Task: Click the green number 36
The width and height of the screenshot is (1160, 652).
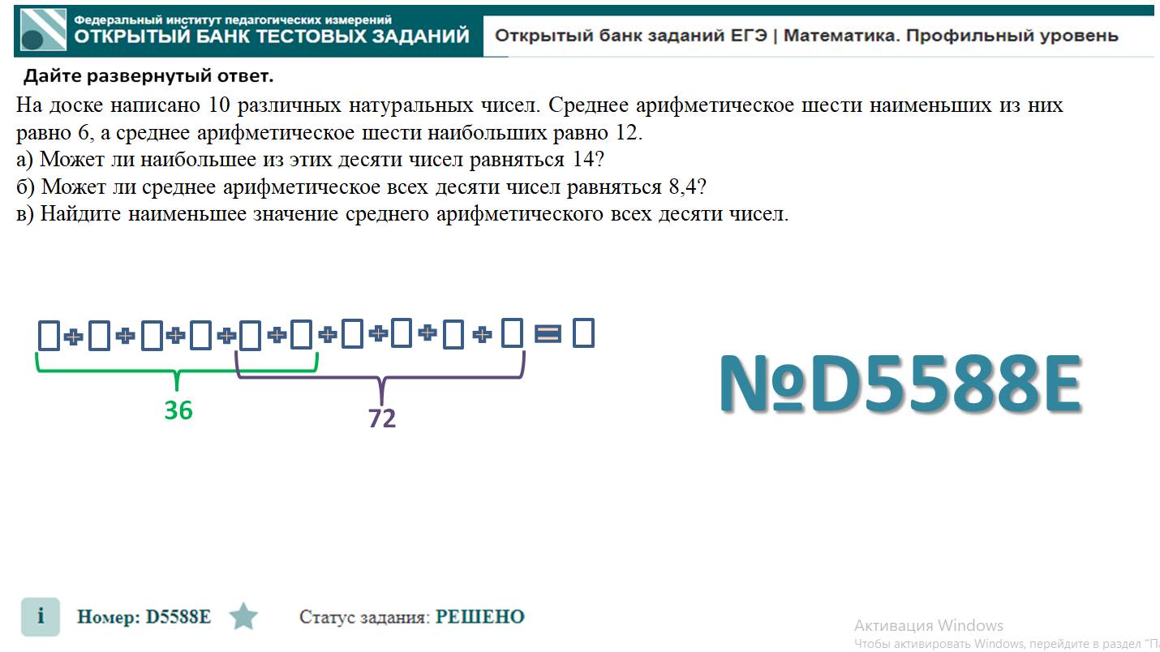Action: (x=178, y=410)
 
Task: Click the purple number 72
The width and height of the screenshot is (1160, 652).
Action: (x=382, y=418)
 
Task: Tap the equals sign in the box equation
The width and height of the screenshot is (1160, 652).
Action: (x=548, y=333)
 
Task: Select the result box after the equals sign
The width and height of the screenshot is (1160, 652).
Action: (x=583, y=333)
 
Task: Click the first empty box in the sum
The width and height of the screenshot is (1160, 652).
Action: (x=49, y=335)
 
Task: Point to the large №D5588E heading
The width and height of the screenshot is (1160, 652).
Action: (x=900, y=384)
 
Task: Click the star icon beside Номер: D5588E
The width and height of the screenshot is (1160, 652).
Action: (x=243, y=617)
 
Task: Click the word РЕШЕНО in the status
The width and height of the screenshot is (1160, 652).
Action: (x=479, y=617)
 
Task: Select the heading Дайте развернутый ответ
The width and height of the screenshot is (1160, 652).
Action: (x=148, y=77)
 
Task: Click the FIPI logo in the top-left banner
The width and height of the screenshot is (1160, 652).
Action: (x=42, y=32)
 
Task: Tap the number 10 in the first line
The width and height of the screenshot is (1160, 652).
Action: (x=220, y=105)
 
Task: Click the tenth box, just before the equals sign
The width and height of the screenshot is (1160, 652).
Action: (x=512, y=333)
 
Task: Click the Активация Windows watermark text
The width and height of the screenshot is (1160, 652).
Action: (x=929, y=625)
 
